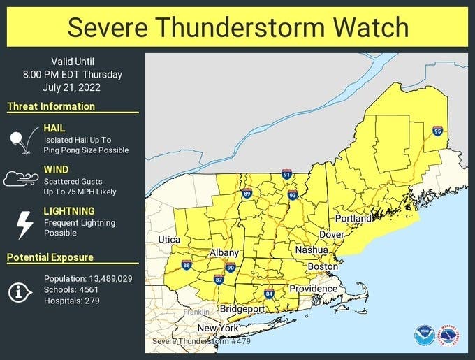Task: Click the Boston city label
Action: coord(323,266)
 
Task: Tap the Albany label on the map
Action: coord(225,253)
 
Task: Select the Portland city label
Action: coord(353,219)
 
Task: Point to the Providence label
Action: coord(314,289)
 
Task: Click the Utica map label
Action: coord(168,240)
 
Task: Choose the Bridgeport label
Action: coord(242,309)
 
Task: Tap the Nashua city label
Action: coord(312,250)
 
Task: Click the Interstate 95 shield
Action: coord(437,131)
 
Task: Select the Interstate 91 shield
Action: coord(286,173)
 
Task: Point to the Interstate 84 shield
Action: coord(269,293)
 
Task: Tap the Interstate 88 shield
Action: coord(187,265)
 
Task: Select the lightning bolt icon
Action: coord(24,224)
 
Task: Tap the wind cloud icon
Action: coord(20,180)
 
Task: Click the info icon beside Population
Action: coord(20,290)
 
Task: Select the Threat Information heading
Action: coord(51,106)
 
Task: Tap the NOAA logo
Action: coord(423,335)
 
